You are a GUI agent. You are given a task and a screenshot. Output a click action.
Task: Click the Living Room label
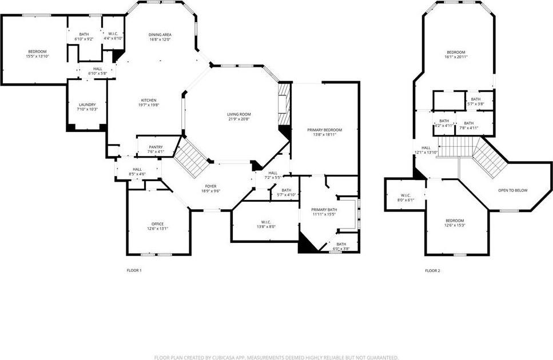[238, 114]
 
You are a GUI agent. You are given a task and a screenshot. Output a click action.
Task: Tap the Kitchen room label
[148, 100]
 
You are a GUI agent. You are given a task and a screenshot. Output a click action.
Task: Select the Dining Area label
[160, 35]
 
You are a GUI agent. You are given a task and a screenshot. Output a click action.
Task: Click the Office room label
[157, 223]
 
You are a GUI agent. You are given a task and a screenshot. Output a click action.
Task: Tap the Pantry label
[156, 147]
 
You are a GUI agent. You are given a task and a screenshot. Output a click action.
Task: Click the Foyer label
[210, 186]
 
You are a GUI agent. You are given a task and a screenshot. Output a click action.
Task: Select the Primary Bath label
[324, 210]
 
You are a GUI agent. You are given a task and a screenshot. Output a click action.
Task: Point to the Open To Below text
[513, 190]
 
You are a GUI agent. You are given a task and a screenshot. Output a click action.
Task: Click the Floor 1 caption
[134, 270]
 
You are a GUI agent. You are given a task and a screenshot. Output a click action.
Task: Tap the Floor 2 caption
[432, 270]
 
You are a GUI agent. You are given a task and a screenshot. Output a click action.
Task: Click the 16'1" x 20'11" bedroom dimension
[456, 57]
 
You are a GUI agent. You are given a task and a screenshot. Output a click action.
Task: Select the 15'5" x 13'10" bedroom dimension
[37, 57]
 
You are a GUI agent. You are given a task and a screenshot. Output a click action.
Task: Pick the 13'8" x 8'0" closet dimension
[265, 226]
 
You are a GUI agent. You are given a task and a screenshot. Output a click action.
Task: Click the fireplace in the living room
[284, 105]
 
